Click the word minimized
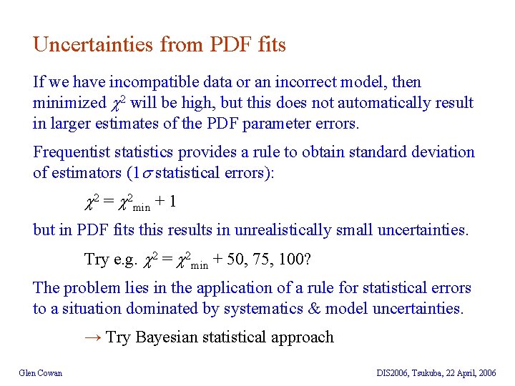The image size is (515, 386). pos(69,103)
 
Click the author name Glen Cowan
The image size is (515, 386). pos(41,372)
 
